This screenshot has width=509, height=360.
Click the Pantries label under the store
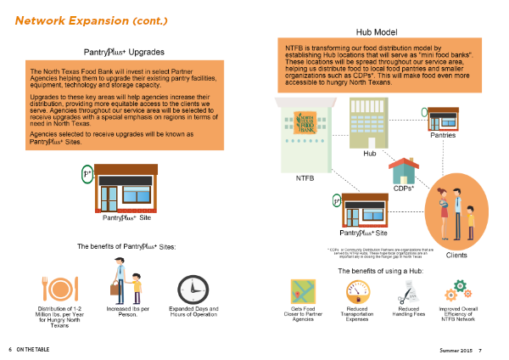tap(443, 136)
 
